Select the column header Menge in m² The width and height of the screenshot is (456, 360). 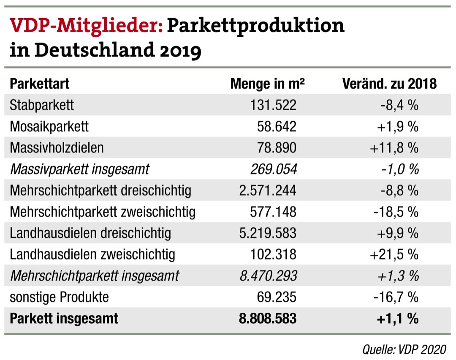click(x=267, y=84)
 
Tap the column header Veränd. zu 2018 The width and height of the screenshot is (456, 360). click(x=389, y=84)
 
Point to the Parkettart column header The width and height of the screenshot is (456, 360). click(x=39, y=84)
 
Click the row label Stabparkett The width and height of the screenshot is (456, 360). click(x=41, y=105)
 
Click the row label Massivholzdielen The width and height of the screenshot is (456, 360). click(x=57, y=147)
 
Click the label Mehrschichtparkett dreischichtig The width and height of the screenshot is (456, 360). click(x=100, y=190)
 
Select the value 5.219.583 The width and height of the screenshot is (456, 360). click(x=267, y=233)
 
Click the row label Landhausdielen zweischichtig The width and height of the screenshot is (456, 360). click(x=92, y=254)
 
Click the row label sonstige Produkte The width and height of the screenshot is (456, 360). click(x=59, y=297)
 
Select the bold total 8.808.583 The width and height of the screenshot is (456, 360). click(x=267, y=318)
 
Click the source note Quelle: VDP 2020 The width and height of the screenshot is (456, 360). click(x=404, y=349)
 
